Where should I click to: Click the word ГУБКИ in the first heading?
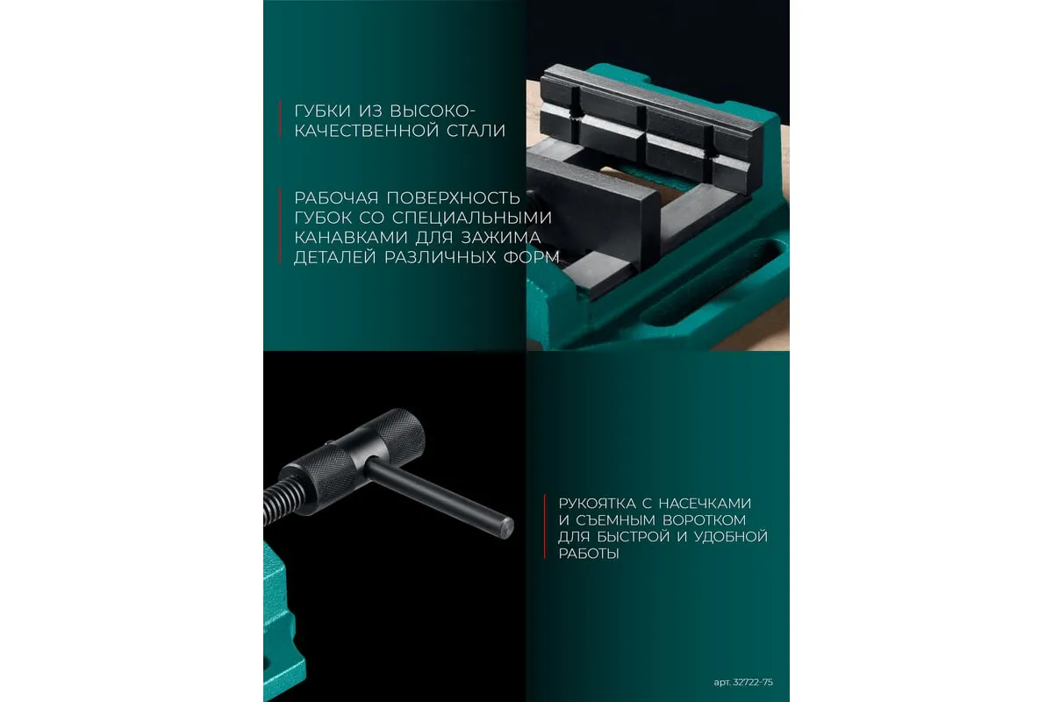point(323,111)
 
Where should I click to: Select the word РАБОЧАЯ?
point(336,198)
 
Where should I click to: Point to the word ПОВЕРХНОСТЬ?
point(453,198)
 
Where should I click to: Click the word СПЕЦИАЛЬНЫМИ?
point(472,218)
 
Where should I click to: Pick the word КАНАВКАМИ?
point(350,238)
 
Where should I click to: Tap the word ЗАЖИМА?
point(501,238)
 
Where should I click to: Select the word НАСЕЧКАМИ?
point(705,504)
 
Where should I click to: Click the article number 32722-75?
point(753,683)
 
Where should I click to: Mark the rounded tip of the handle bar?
point(507,528)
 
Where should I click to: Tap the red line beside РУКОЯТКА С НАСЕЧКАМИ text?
point(545,526)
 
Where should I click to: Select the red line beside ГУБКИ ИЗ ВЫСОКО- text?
point(280,119)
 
